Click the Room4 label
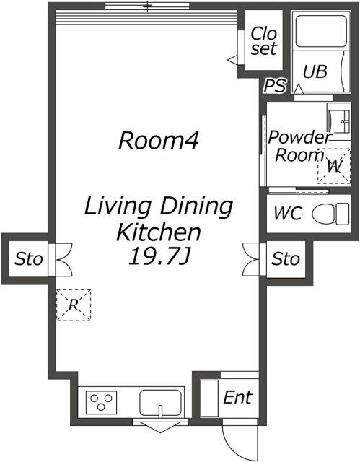tap(159, 140)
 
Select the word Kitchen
tap(159, 232)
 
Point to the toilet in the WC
tap(330, 214)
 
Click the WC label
tap(288, 213)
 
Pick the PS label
tap(275, 85)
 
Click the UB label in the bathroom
tap(315, 71)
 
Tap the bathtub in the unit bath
tap(321, 31)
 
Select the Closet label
tap(264, 40)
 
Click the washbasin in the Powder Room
tap(339, 121)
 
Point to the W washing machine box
tap(334, 167)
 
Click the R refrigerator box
tap(74, 305)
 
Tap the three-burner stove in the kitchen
tap(101, 402)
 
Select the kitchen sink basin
tap(160, 403)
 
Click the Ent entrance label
tap(237, 397)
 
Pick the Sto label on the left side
tap(29, 259)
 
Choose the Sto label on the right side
tap(286, 259)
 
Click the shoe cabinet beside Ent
tap(209, 398)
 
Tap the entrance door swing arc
tap(232, 445)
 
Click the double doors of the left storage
tap(64, 260)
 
